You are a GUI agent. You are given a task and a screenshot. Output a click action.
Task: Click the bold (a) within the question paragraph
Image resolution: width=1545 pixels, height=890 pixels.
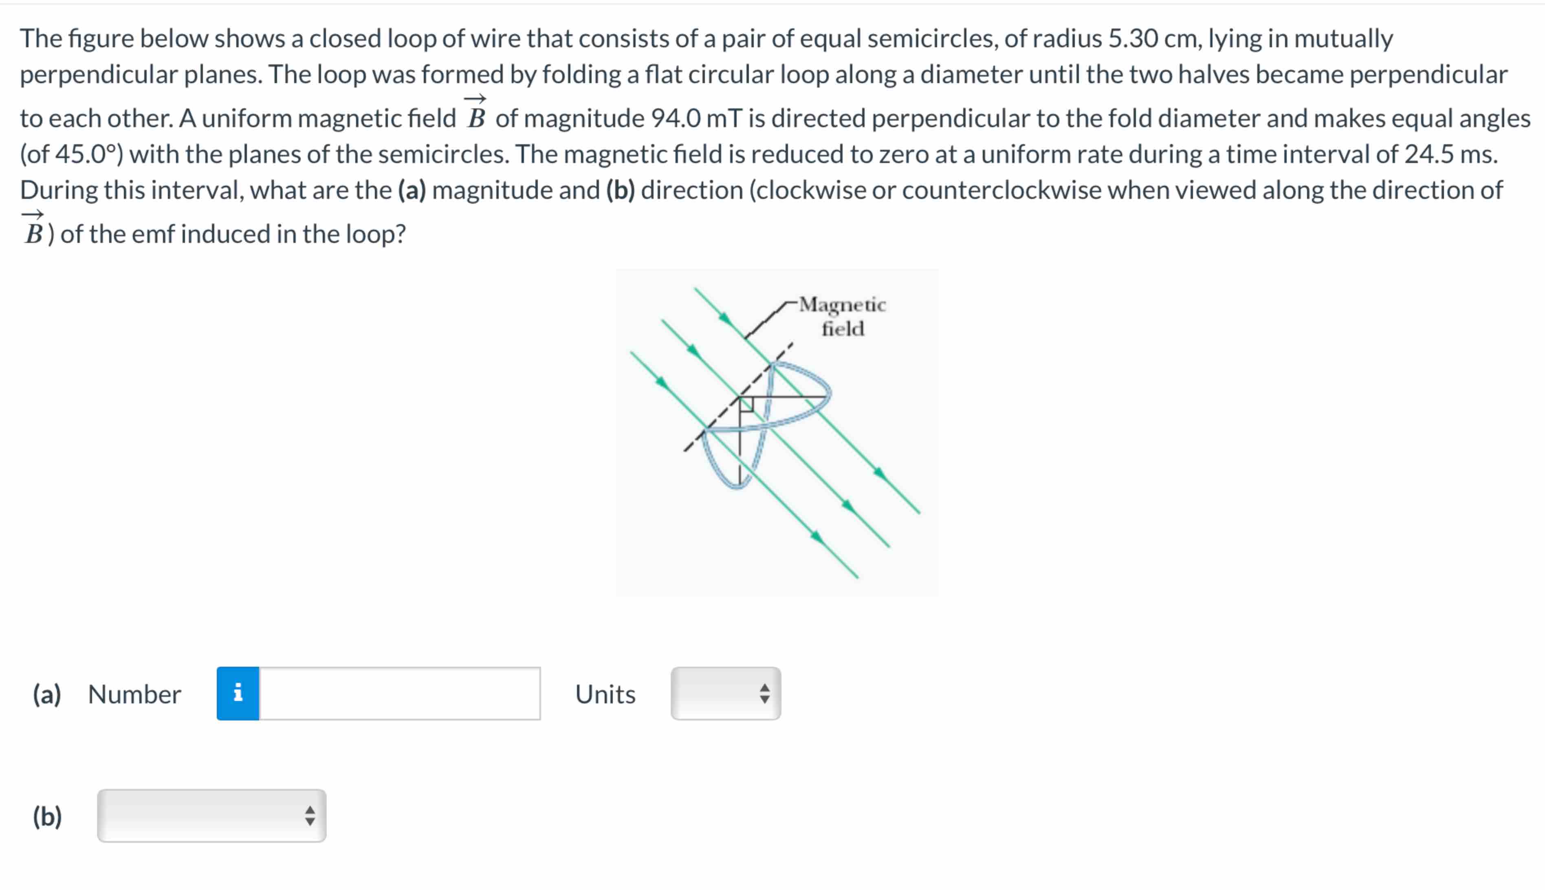[x=412, y=190]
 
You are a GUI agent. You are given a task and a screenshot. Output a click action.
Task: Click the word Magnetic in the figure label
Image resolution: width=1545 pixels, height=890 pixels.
[x=842, y=304]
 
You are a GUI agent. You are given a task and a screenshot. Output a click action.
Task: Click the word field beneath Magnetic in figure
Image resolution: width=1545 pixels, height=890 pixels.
[x=842, y=329]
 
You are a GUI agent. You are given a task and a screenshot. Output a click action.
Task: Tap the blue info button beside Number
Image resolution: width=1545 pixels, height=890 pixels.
[x=238, y=693]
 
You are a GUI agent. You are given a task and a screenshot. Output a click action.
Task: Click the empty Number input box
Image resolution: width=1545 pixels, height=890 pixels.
[x=400, y=693]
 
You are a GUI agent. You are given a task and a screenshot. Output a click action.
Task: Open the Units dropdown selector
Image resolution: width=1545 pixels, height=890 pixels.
[x=725, y=693]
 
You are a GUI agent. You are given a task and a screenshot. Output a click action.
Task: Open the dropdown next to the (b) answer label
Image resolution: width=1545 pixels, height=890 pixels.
[x=211, y=815]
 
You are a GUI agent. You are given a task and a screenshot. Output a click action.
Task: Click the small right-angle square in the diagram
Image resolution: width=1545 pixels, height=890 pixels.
[x=747, y=404]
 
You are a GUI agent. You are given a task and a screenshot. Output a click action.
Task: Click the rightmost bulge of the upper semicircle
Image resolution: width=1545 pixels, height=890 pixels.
[x=830, y=391]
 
